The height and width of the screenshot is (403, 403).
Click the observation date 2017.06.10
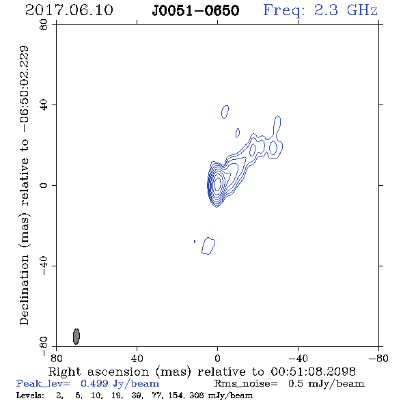69,10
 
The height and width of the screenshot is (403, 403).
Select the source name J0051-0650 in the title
195,11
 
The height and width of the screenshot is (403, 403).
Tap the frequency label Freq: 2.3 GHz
320,10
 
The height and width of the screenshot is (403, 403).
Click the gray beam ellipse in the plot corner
77,336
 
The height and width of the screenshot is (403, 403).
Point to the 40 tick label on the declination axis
44,105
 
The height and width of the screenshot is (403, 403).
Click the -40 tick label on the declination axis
44,266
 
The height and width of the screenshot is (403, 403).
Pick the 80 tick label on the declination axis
44,25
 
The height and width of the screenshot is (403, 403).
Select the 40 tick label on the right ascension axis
137,359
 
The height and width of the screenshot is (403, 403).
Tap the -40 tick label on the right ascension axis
298,359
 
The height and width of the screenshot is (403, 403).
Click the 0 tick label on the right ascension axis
217,359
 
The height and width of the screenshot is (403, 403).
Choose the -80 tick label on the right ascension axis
378,359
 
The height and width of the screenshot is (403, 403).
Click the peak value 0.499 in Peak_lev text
94,383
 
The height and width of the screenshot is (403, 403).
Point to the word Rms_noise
246,384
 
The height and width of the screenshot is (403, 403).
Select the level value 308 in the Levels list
196,395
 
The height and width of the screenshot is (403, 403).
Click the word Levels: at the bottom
30,395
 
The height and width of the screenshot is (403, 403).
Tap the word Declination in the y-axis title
24,290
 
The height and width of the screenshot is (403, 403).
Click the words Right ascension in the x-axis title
98,372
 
